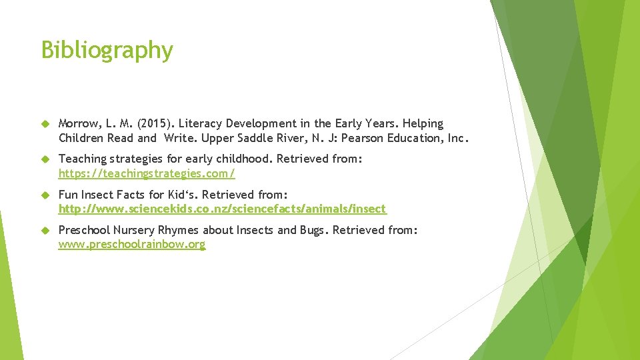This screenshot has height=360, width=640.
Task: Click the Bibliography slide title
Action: coord(107,50)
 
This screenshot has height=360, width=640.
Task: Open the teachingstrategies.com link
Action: coord(147,173)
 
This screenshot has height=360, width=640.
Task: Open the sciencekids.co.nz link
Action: coord(222,209)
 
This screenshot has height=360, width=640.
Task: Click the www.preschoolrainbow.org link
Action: coord(132,245)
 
